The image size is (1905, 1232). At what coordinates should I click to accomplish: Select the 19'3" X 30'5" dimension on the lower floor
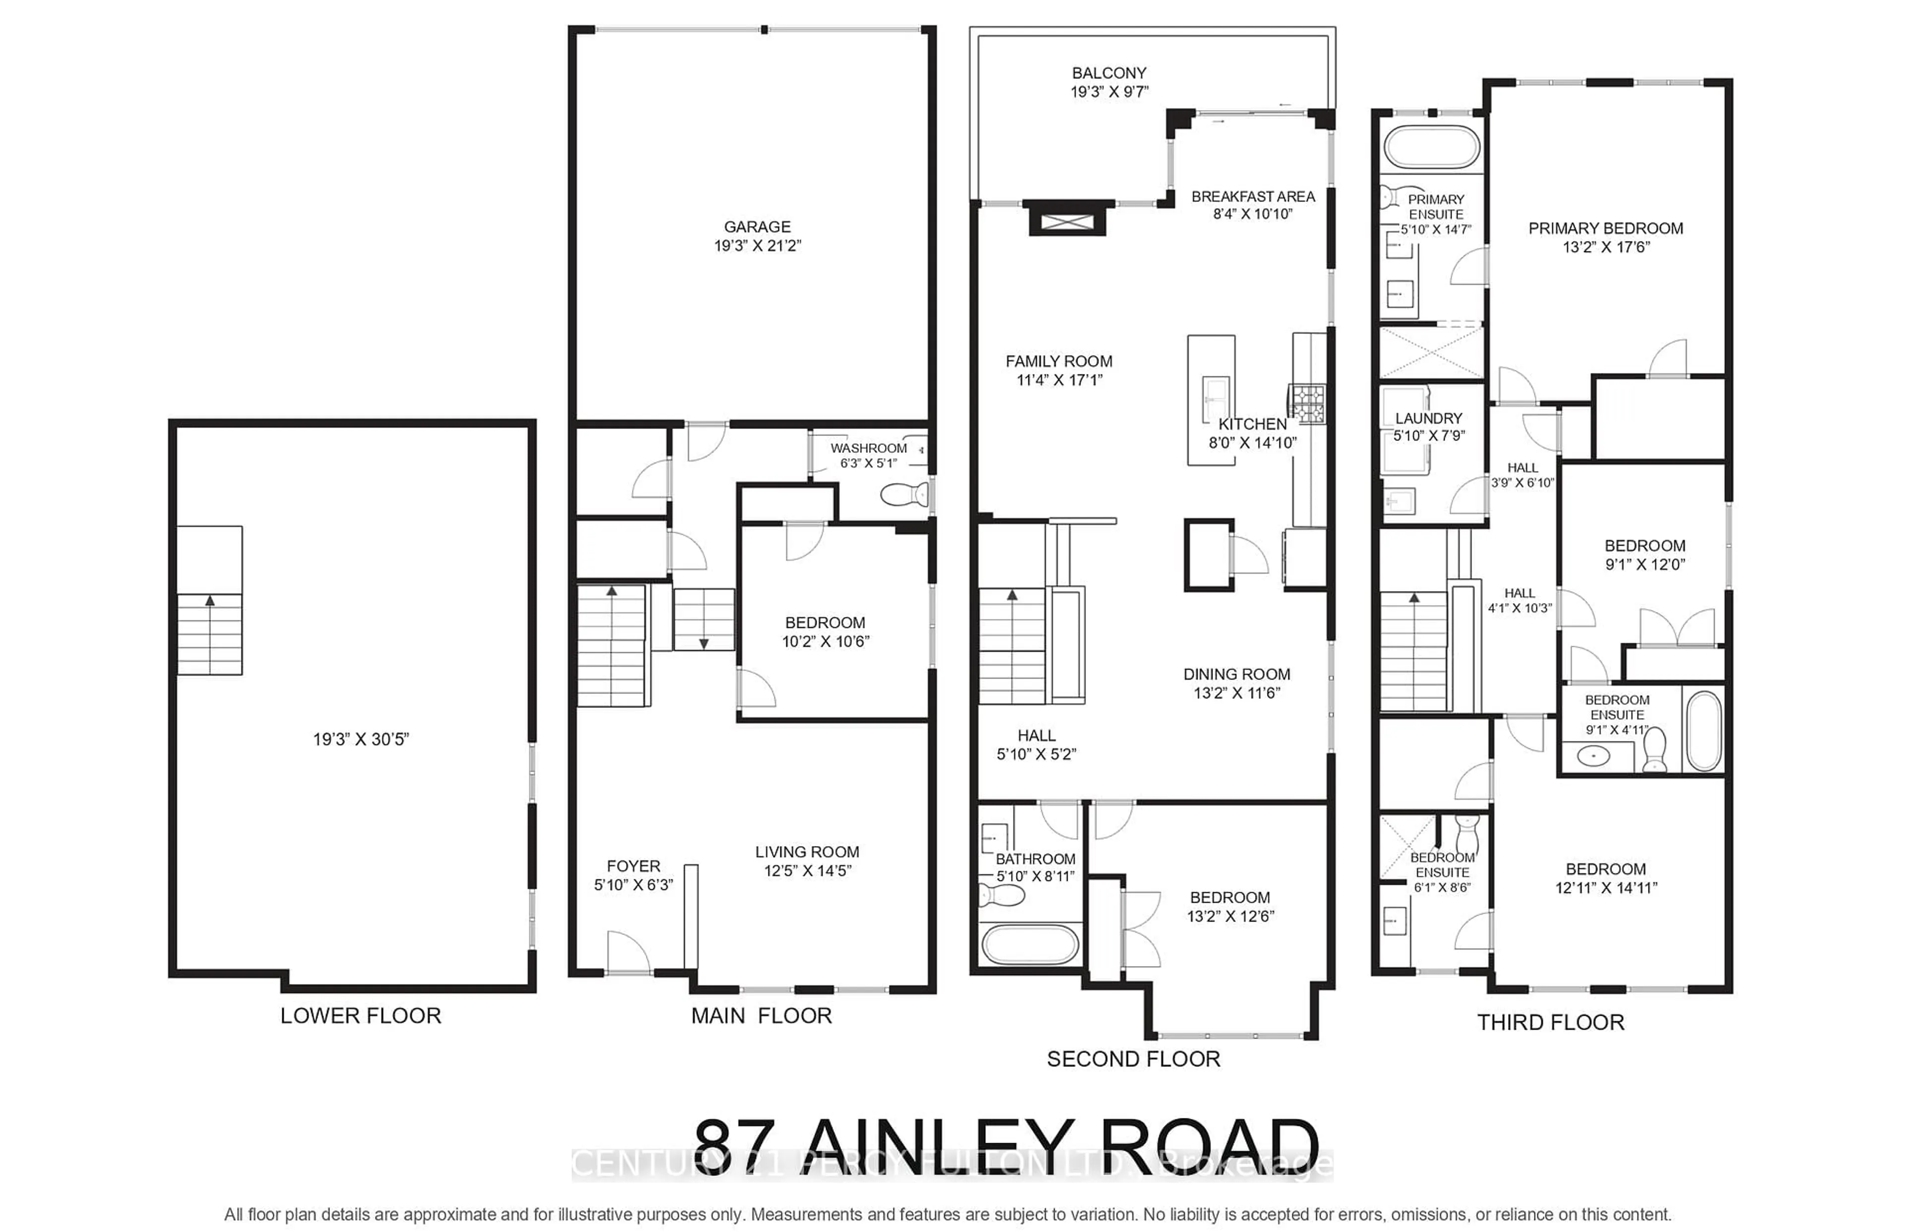pos(360,739)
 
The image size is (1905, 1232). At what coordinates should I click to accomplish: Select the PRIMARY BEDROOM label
pos(1605,229)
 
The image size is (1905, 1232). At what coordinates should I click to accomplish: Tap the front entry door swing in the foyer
pos(628,952)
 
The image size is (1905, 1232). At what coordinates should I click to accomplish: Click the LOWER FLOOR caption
pos(360,1016)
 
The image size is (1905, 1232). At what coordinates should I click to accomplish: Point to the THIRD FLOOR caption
pos(1550,1022)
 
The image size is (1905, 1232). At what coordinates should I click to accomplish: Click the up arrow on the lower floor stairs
pos(210,600)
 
